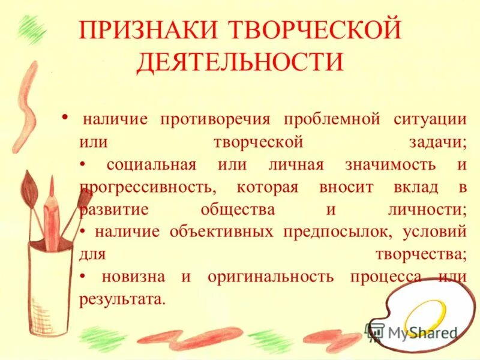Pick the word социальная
[151, 164]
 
